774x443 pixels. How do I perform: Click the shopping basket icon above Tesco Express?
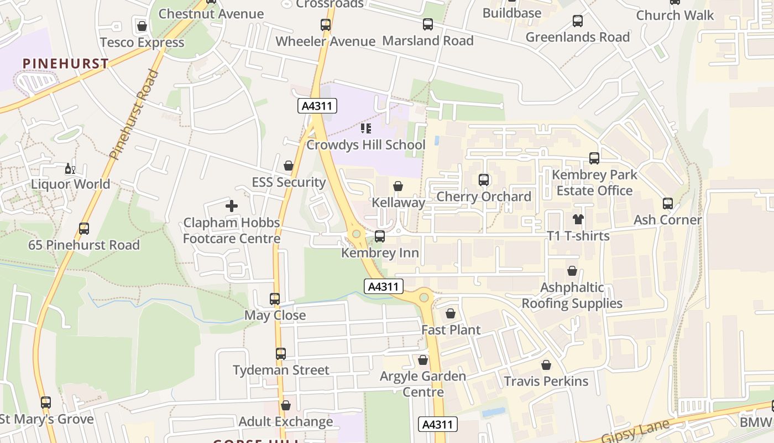point(142,26)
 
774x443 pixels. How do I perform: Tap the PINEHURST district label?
point(66,64)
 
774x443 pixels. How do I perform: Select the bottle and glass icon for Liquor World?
point(70,169)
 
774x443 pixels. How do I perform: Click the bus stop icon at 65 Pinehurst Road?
point(84,229)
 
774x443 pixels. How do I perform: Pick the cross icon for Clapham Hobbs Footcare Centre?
point(232,207)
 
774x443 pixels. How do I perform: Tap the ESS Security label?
point(288,182)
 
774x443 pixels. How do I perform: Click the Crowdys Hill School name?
point(365,145)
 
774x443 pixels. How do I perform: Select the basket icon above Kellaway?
point(398,187)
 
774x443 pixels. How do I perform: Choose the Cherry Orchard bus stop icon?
point(484,180)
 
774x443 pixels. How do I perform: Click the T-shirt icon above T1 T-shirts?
point(578,219)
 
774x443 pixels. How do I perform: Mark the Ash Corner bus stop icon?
point(668,204)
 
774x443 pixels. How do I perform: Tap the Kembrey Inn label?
point(380,253)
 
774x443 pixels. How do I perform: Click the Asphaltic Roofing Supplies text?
point(572,296)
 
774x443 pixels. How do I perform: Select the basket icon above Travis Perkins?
point(546,365)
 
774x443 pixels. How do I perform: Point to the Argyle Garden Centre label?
point(423,384)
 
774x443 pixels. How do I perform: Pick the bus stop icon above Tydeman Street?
point(281,354)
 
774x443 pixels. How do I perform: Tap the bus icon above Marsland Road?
point(428,24)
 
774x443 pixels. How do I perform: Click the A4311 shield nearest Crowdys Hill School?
point(317,106)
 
